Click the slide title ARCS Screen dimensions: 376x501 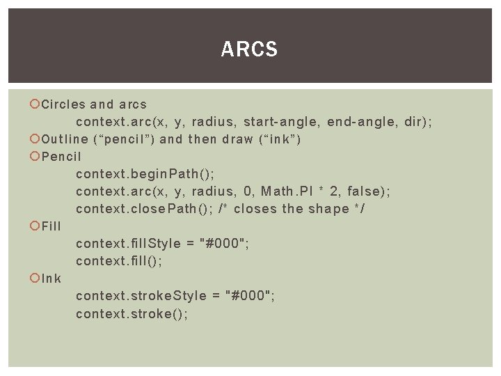point(249,49)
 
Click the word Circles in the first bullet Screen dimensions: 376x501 point(63,104)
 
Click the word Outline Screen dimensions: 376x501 point(65,139)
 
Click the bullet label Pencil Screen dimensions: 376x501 point(61,157)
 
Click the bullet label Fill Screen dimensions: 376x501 point(51,226)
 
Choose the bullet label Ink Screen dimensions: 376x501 point(51,279)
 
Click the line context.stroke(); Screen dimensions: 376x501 point(132,313)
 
